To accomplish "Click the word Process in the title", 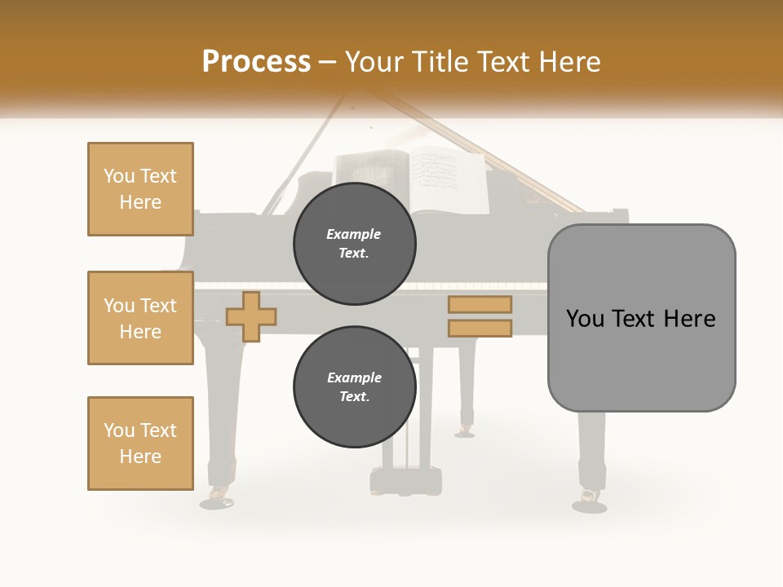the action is click(256, 62).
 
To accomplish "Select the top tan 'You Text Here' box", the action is click(140, 189).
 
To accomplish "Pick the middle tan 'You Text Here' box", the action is click(140, 318).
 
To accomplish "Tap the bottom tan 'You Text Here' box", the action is click(140, 444).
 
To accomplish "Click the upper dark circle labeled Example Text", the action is click(354, 244).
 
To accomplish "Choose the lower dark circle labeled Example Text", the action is click(354, 387).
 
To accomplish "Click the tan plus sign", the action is click(251, 316).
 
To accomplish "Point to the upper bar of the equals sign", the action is click(480, 305).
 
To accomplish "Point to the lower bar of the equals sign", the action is click(480, 328).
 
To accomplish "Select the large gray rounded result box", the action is click(641, 318).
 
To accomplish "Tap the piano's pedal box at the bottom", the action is click(405, 481).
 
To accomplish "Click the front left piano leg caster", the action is click(218, 497).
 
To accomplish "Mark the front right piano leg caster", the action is click(589, 500).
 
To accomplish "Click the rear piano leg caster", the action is click(465, 430).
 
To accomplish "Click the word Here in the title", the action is click(566, 62).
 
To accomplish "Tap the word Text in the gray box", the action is click(639, 319).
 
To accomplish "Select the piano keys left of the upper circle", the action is click(245, 286).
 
